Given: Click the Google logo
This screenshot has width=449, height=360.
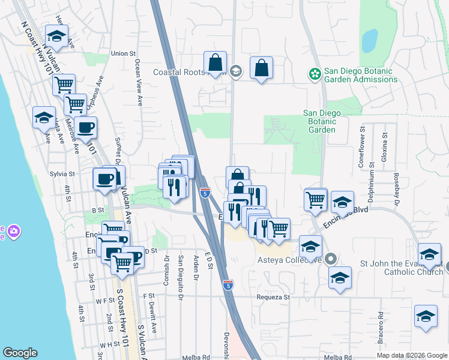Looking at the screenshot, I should click(x=20, y=353).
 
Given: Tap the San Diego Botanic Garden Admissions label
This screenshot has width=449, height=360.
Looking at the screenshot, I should click(x=360, y=75).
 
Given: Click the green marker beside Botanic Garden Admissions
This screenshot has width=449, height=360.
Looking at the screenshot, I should click(x=314, y=74).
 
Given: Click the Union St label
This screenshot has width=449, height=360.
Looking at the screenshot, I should click(x=123, y=53).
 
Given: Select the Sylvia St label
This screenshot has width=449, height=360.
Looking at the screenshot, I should click(x=62, y=174).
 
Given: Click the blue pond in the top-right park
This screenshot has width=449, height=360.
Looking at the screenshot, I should click(x=370, y=40).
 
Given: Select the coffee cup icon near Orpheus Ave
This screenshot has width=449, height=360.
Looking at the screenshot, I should click(x=85, y=127).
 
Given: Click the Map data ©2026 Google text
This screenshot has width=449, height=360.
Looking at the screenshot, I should click(x=411, y=355).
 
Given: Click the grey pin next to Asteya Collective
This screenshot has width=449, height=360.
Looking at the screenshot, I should click(x=330, y=260).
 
